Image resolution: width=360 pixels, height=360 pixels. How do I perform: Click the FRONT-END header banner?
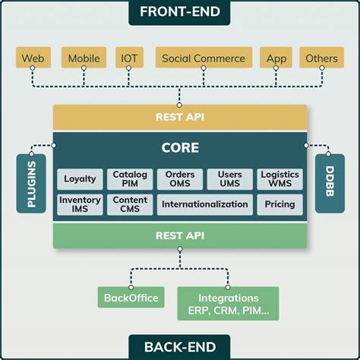[180, 13]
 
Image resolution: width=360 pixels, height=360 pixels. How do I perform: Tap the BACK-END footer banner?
[180, 346]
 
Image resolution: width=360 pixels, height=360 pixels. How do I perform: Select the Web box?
[32, 58]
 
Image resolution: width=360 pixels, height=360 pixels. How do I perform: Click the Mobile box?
[84, 58]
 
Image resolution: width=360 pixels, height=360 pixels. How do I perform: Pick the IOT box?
[128, 58]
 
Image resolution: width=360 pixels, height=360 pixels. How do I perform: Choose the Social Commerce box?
[204, 58]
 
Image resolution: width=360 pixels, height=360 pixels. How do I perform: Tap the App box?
[276, 58]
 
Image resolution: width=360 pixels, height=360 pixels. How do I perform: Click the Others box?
[321, 58]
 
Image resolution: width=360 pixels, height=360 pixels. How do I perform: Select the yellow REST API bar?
[180, 117]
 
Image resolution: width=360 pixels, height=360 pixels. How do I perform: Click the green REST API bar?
[180, 235]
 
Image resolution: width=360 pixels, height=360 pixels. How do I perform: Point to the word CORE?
[180, 148]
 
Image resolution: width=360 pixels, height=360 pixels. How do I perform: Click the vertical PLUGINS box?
[31, 183]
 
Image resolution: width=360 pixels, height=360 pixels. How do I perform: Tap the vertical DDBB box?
[329, 183]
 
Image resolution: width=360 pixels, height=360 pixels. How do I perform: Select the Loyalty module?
[80, 179]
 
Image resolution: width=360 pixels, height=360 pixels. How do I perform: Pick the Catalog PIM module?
[130, 179]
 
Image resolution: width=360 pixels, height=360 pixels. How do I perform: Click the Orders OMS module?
[180, 179]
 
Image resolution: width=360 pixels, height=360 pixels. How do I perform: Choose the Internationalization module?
[204, 204]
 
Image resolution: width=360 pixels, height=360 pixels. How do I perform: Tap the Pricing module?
[279, 204]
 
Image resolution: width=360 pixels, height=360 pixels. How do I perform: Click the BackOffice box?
[132, 298]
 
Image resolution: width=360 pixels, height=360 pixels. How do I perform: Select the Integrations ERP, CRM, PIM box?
[228, 303]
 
